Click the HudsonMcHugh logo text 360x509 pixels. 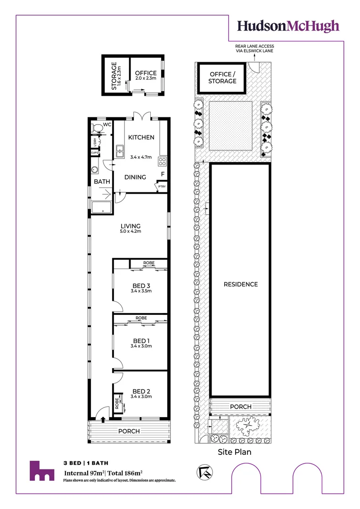click(288, 26)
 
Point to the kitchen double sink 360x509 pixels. click(119, 150)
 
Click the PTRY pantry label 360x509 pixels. click(162, 187)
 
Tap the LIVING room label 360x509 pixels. click(130, 226)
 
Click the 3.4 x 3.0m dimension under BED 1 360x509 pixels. click(141, 346)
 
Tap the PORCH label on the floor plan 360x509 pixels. click(129, 431)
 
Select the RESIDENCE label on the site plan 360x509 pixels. click(241, 284)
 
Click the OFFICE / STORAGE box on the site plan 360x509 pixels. click(222, 78)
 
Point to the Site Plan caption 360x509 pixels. click(234, 452)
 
